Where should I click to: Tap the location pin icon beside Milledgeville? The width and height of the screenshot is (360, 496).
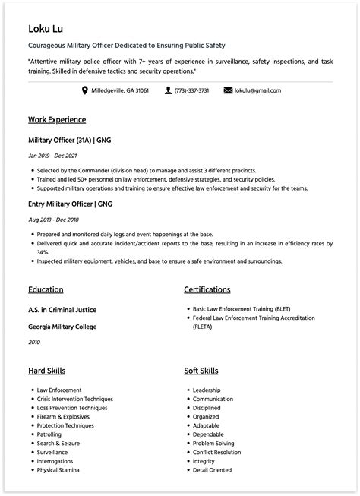[x=85, y=90]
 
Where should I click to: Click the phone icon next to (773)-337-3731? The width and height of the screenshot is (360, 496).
[x=168, y=90]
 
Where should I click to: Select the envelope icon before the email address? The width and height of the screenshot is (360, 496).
[x=228, y=90]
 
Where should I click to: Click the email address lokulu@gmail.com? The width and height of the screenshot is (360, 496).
[x=257, y=90]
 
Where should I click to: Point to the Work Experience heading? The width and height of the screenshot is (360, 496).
[x=56, y=120]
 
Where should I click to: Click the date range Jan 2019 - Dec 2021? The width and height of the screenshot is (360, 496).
[x=53, y=156]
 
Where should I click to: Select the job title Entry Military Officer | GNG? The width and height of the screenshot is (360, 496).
[x=70, y=204]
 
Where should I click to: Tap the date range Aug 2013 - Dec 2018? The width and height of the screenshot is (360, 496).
[x=54, y=220]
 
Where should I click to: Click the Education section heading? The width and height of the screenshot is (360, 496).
[x=46, y=289]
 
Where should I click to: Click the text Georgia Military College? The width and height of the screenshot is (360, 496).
[x=62, y=327]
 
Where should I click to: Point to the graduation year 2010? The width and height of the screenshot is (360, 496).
[x=34, y=343]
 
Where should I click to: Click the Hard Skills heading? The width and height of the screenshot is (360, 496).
[x=46, y=371]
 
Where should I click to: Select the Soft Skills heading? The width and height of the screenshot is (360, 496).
[x=201, y=371]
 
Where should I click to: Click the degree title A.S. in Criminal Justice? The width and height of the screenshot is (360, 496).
[x=62, y=310]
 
